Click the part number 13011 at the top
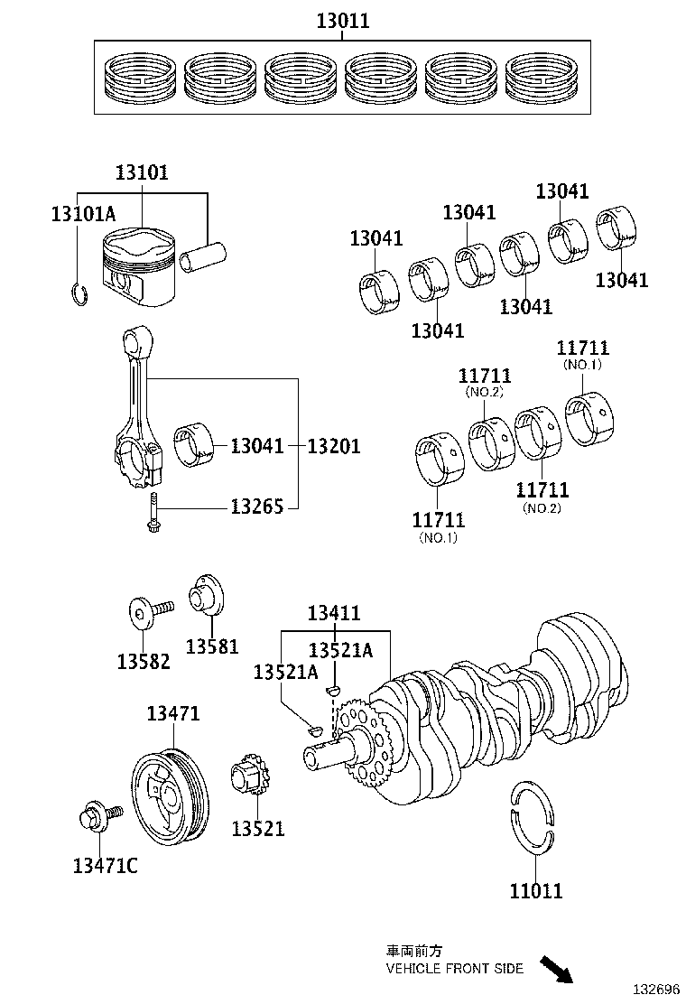tap(343, 21)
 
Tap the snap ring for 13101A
tap(79, 294)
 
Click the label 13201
tap(334, 446)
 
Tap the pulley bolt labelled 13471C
tap(93, 816)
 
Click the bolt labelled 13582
tap(146, 614)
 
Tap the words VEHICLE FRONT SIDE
tap(454, 968)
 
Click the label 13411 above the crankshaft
tap(333, 614)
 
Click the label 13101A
tap(83, 214)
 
